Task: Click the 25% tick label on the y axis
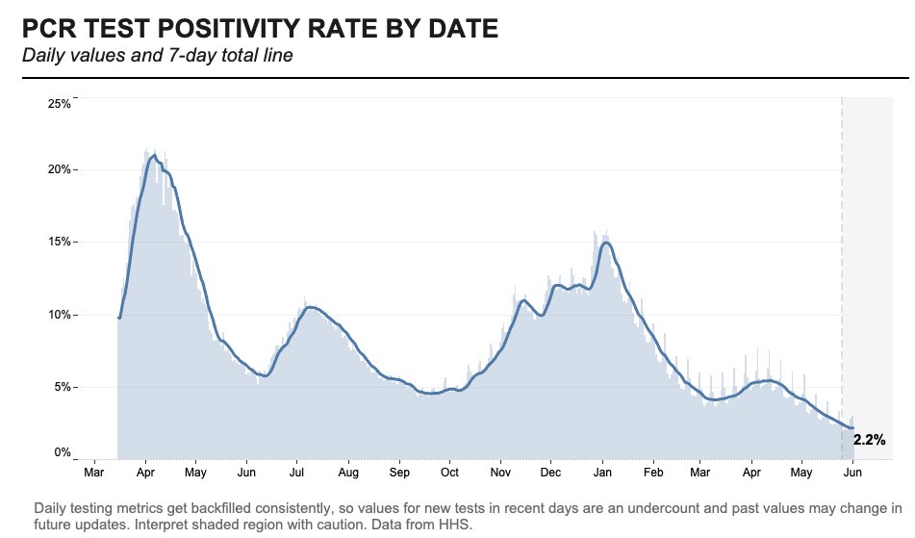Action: pos(59,104)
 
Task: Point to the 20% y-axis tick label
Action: pos(59,170)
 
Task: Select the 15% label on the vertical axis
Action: pos(59,243)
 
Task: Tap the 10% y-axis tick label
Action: pos(59,316)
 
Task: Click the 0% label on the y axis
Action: pos(62,453)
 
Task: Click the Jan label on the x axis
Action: pos(601,474)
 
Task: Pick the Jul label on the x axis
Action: pos(296,474)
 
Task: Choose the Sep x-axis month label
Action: pos(399,474)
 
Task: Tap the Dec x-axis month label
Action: pos(550,474)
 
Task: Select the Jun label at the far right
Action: pos(852,474)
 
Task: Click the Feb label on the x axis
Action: pos(653,474)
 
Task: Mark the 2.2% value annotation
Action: pos(869,440)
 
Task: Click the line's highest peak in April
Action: pos(154,155)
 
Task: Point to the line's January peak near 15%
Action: pos(605,243)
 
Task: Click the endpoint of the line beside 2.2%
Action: pos(852,428)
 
